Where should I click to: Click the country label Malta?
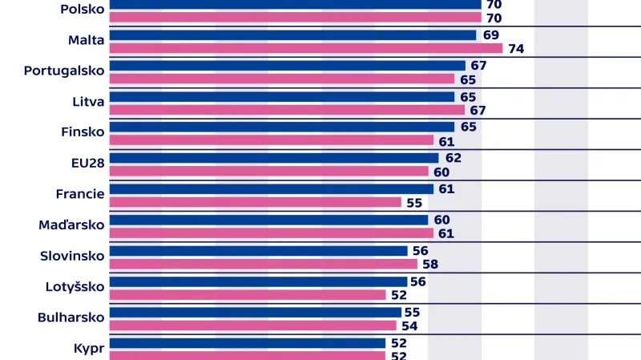click(x=87, y=40)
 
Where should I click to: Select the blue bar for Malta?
click(x=292, y=35)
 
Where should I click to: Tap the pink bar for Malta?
click(x=305, y=48)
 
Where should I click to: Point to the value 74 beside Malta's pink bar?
click(x=515, y=49)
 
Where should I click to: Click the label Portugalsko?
click(x=64, y=71)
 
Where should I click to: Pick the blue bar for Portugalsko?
click(x=287, y=66)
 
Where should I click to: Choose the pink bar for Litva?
click(x=287, y=110)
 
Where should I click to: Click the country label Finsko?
click(x=83, y=131)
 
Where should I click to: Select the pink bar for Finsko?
click(x=271, y=140)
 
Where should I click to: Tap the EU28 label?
click(x=87, y=163)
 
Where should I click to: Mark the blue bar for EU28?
click(x=273, y=158)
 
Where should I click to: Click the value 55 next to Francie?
click(x=413, y=203)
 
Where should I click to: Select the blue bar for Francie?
click(x=271, y=189)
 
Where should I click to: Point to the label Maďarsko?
click(x=72, y=224)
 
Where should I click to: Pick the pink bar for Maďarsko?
click(x=271, y=233)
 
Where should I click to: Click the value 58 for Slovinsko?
click(x=429, y=265)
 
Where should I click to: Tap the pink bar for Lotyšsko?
click(x=247, y=294)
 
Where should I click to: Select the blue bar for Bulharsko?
click(x=255, y=312)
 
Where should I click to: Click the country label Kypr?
click(x=90, y=347)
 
